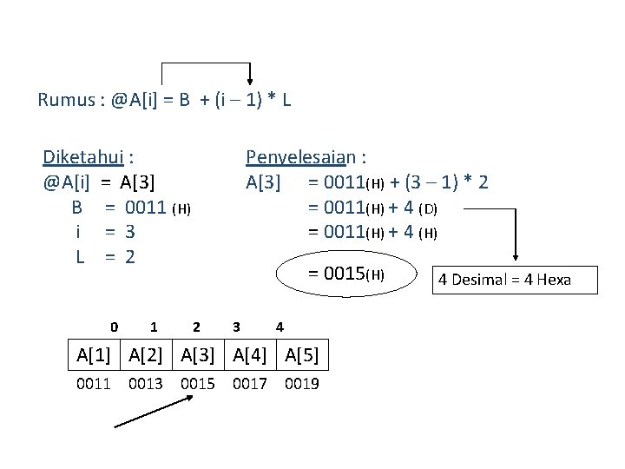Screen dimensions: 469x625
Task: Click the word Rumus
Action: [68, 100]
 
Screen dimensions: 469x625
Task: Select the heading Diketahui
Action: [84, 157]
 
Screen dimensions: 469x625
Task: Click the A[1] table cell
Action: [94, 353]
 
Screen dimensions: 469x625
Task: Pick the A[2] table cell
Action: [146, 353]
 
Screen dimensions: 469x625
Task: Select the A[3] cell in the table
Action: [198, 353]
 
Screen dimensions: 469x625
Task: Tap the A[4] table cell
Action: [250, 353]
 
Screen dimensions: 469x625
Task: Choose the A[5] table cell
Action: [301, 353]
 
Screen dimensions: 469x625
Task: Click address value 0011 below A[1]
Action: [94, 383]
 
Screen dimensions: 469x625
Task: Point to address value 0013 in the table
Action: [146, 383]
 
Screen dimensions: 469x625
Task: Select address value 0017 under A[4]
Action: [250, 383]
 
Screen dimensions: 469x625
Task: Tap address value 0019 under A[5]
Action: [301, 383]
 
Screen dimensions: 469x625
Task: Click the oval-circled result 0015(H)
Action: [346, 274]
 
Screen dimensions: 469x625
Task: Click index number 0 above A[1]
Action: [115, 327]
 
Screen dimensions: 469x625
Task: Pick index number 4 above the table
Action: [279, 327]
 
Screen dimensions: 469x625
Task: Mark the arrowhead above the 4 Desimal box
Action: [517, 256]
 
